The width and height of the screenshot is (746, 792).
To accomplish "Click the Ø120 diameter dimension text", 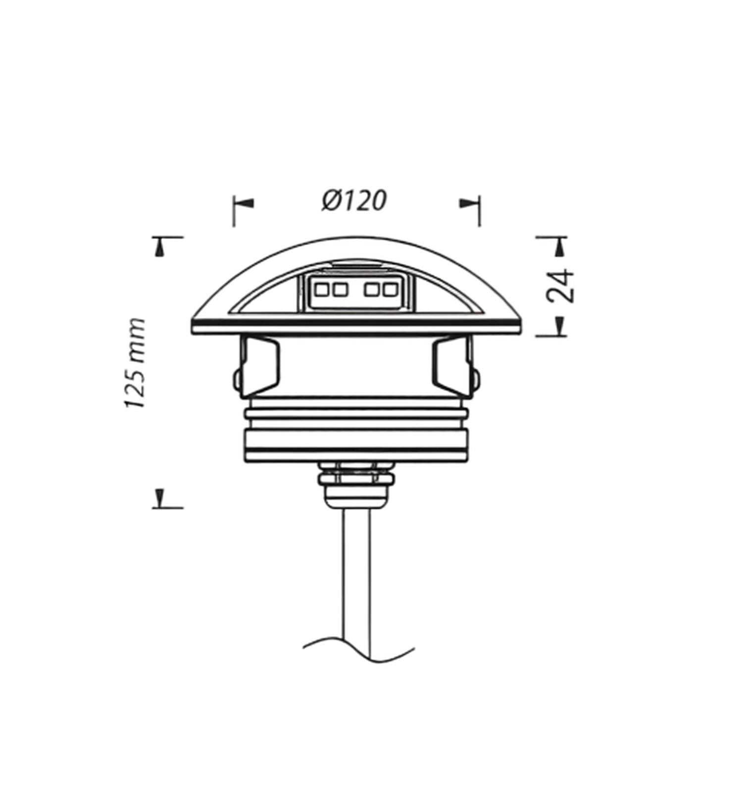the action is coord(354,201).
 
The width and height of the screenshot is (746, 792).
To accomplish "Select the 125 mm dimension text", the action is coord(135,363).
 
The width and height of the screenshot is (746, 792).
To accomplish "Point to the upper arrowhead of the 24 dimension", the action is coord(559,247).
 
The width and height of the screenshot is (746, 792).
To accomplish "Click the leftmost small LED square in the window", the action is coord(322,290).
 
